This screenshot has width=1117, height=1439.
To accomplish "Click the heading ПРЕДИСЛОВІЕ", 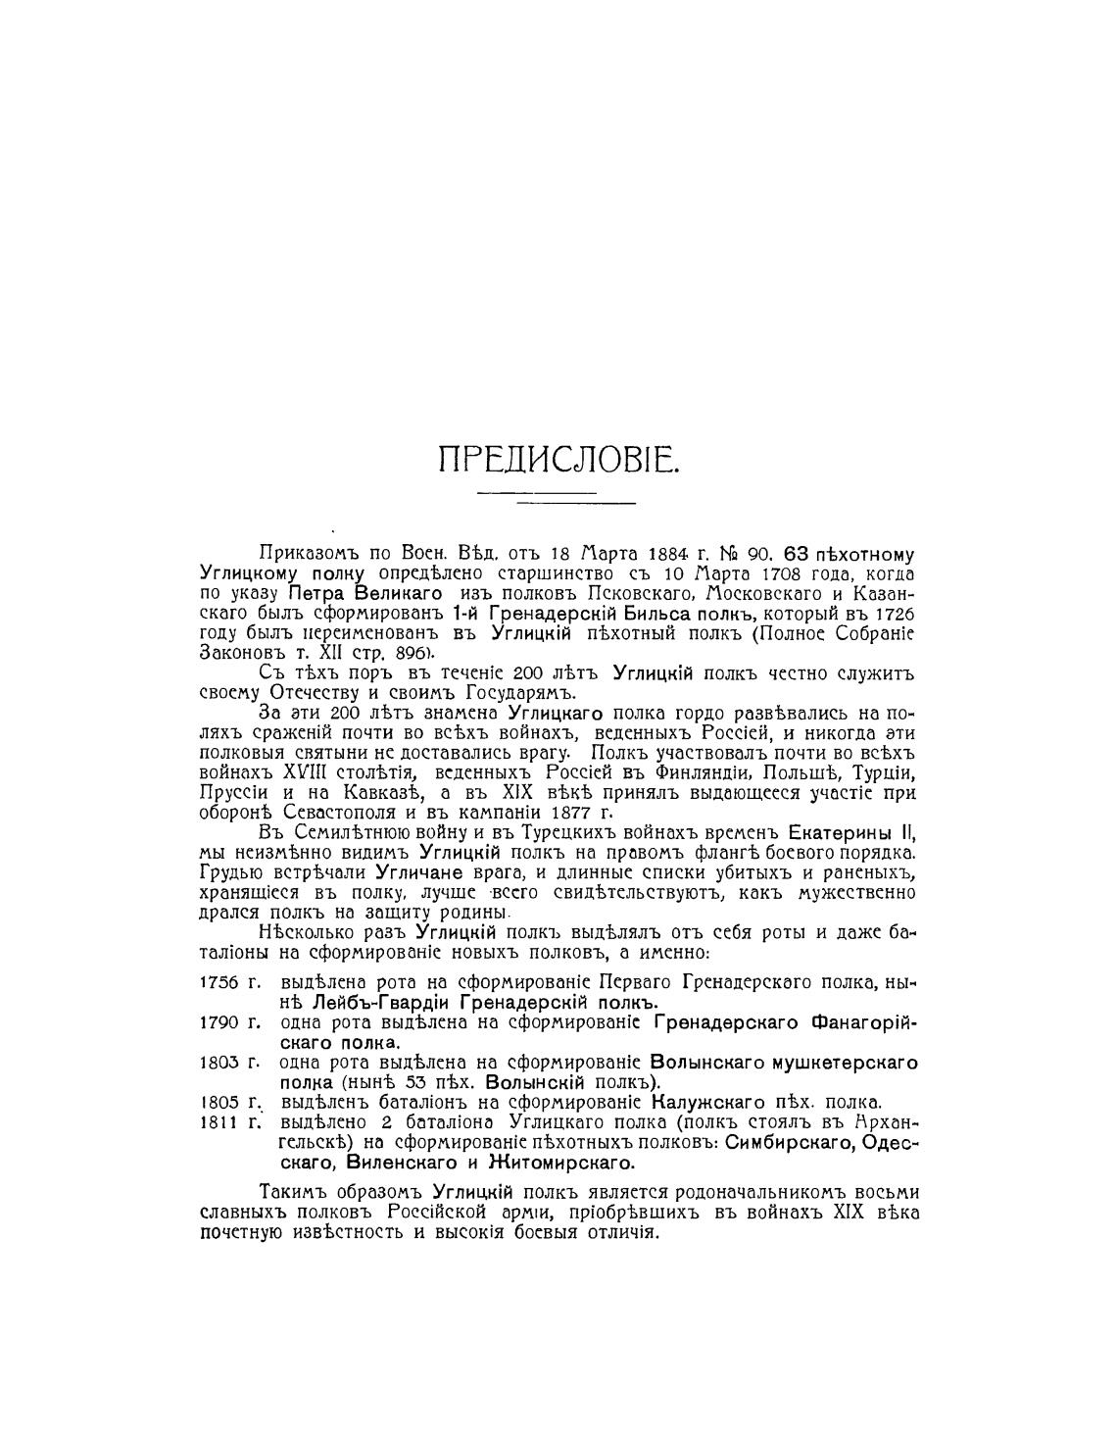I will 558,459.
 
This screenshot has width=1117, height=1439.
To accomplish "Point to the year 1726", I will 894,614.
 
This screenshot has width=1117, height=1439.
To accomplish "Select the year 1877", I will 563,813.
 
